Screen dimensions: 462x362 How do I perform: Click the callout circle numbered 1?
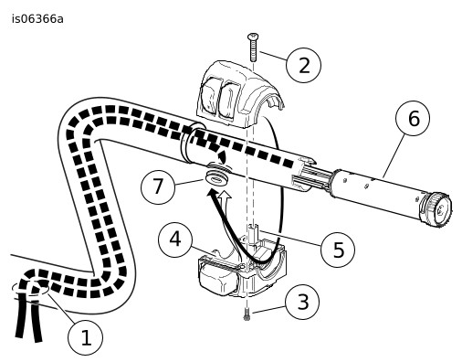pyautogui.click(x=86, y=337)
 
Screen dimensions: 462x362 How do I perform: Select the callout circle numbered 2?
pyautogui.click(x=303, y=65)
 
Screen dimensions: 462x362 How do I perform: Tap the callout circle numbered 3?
pyautogui.click(x=302, y=303)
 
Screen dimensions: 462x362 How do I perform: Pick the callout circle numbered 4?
pyautogui.click(x=175, y=240)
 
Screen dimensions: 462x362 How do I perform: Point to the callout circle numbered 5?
pyautogui.click(x=338, y=250)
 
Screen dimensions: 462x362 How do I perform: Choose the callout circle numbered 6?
pyautogui.click(x=413, y=118)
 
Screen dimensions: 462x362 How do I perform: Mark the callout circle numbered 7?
pyautogui.click(x=158, y=186)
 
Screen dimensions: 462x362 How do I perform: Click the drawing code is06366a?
pyautogui.click(x=37, y=19)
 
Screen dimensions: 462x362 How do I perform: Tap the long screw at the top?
pyautogui.click(x=253, y=47)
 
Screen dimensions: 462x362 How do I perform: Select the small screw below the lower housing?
pyautogui.click(x=247, y=314)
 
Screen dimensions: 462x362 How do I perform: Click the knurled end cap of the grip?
pyautogui.click(x=436, y=209)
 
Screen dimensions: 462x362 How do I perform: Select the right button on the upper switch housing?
pyautogui.click(x=230, y=98)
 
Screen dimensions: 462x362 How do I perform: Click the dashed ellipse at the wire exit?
pyautogui.click(x=30, y=287)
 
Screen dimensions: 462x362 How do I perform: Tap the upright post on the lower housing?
pyautogui.click(x=254, y=233)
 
